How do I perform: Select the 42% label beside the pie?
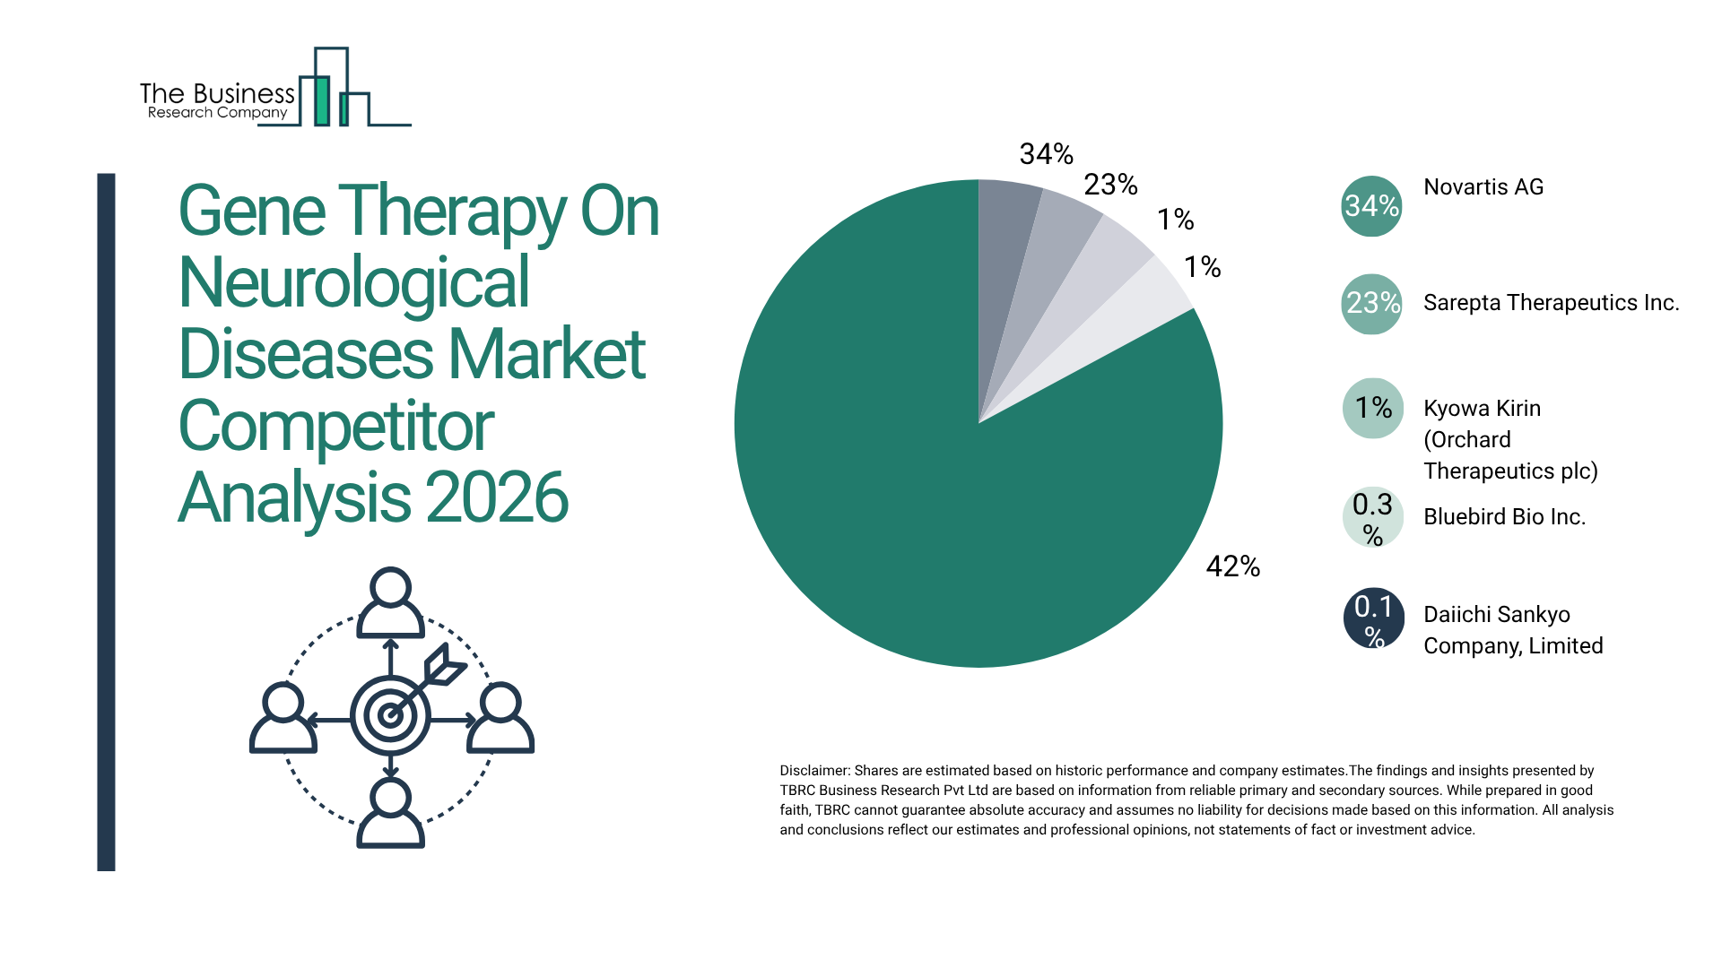[x=1232, y=566]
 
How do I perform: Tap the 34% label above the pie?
[x=1046, y=154]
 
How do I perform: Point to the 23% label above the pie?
[x=1110, y=185]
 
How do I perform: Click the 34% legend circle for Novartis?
[x=1371, y=206]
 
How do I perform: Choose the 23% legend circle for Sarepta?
[x=1371, y=304]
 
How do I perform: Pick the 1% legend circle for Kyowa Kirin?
[x=1372, y=409]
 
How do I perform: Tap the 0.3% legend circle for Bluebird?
[x=1372, y=517]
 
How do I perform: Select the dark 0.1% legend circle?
[x=1373, y=618]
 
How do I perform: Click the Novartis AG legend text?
[x=1483, y=187]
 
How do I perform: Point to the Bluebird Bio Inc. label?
[x=1504, y=517]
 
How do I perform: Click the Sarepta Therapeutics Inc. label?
[x=1551, y=303]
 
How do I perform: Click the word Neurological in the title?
[x=354, y=283]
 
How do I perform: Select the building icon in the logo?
[x=332, y=90]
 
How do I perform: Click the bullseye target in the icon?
[x=390, y=715]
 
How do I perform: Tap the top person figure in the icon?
[x=390, y=602]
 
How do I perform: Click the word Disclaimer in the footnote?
[x=813, y=771]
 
